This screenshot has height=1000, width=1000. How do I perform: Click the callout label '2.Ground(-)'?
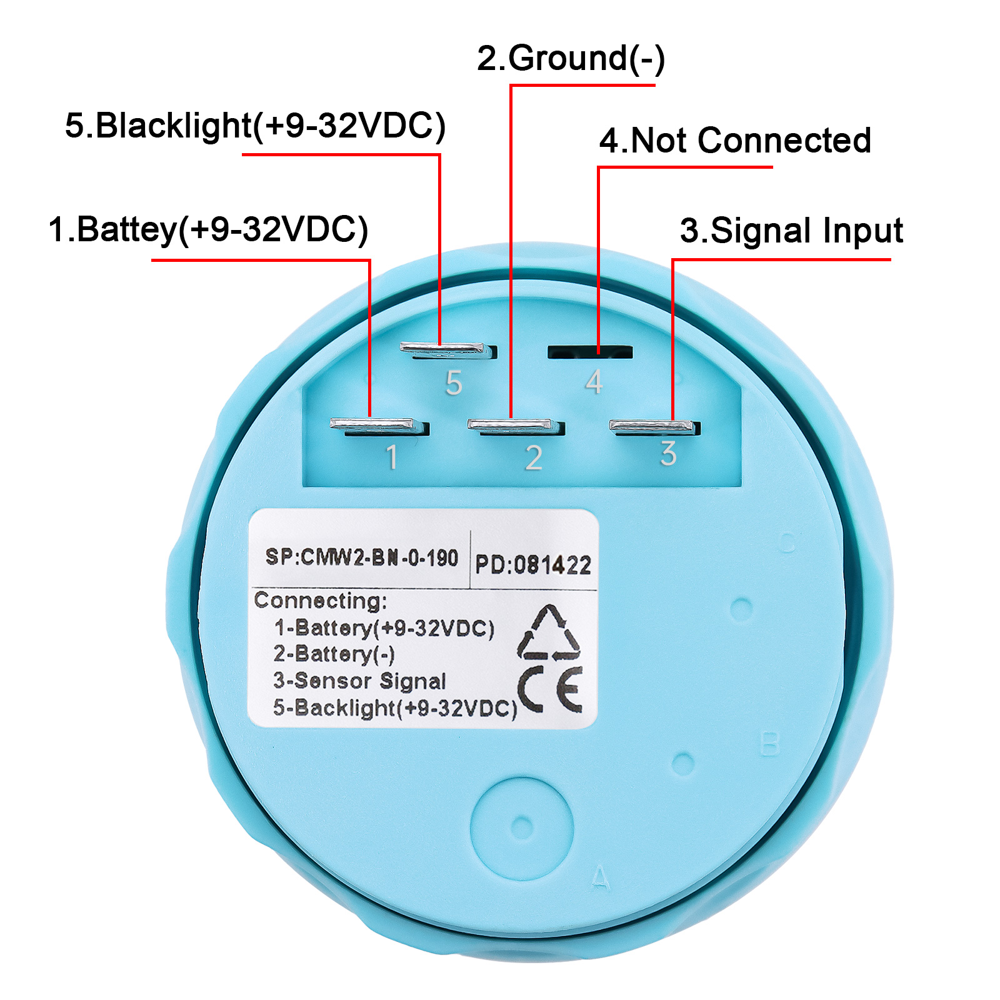pyautogui.click(x=571, y=59)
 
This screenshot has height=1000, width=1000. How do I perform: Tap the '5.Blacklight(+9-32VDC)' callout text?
pyautogui.click(x=255, y=126)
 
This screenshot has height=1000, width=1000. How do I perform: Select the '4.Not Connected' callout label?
pyautogui.click(x=735, y=140)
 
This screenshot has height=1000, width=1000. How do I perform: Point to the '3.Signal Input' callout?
pyautogui.click(x=791, y=231)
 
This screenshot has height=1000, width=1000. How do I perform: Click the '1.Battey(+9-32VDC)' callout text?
pyautogui.click(x=208, y=229)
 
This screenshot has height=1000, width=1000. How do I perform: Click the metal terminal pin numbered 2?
pyautogui.click(x=516, y=427)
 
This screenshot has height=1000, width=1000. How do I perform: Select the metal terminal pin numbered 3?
pyautogui.click(x=654, y=427)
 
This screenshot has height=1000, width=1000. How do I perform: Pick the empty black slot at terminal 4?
pyautogui.click(x=590, y=352)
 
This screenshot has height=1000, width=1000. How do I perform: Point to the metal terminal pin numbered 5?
pyautogui.click(x=448, y=350)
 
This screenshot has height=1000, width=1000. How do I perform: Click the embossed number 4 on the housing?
pyautogui.click(x=594, y=382)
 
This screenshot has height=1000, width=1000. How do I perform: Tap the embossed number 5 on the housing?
pyautogui.click(x=454, y=382)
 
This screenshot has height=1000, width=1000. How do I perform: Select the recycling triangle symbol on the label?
pyautogui.click(x=549, y=632)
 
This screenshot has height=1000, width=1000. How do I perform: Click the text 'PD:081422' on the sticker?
pyautogui.click(x=533, y=565)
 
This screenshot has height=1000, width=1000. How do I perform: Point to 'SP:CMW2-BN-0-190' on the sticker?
pyautogui.click(x=362, y=557)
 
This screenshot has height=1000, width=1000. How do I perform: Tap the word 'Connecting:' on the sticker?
pyautogui.click(x=321, y=601)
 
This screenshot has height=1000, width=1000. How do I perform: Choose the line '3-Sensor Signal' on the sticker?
pyautogui.click(x=359, y=681)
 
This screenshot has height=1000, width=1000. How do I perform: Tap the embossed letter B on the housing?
pyautogui.click(x=769, y=744)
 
